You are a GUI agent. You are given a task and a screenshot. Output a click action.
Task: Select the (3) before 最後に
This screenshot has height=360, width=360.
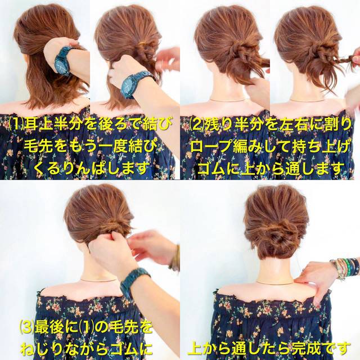[x=26, y=328]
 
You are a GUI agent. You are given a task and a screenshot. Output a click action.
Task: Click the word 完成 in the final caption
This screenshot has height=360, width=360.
[x=308, y=349]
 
